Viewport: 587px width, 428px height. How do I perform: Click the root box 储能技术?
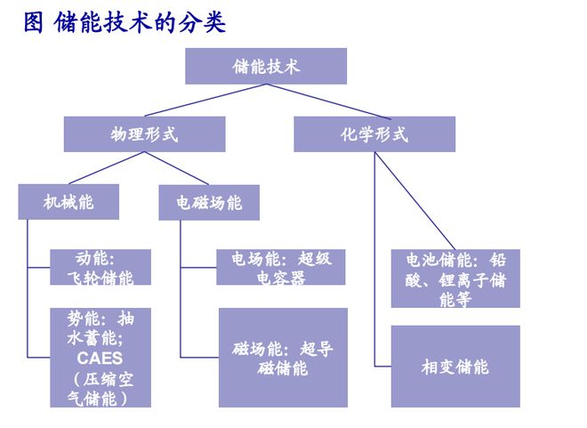pos(265,67)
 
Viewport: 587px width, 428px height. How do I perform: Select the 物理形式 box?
pos(144,134)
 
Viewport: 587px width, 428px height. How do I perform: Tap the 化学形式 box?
pos(374,134)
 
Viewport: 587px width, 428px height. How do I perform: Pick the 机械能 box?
pos(68,202)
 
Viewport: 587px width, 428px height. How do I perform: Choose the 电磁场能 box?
pos(208,203)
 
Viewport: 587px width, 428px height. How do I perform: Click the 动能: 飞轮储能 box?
pos(100,267)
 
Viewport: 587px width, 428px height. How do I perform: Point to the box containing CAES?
pos(100,358)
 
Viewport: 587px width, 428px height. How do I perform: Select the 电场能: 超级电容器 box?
pos(281,267)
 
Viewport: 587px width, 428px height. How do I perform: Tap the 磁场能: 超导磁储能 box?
pos(283,358)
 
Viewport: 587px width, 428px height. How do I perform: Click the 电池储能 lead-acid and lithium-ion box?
pos(455,279)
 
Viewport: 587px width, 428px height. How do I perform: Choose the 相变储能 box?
pos(455,367)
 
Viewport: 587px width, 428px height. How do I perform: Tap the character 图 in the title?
pos(34,22)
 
